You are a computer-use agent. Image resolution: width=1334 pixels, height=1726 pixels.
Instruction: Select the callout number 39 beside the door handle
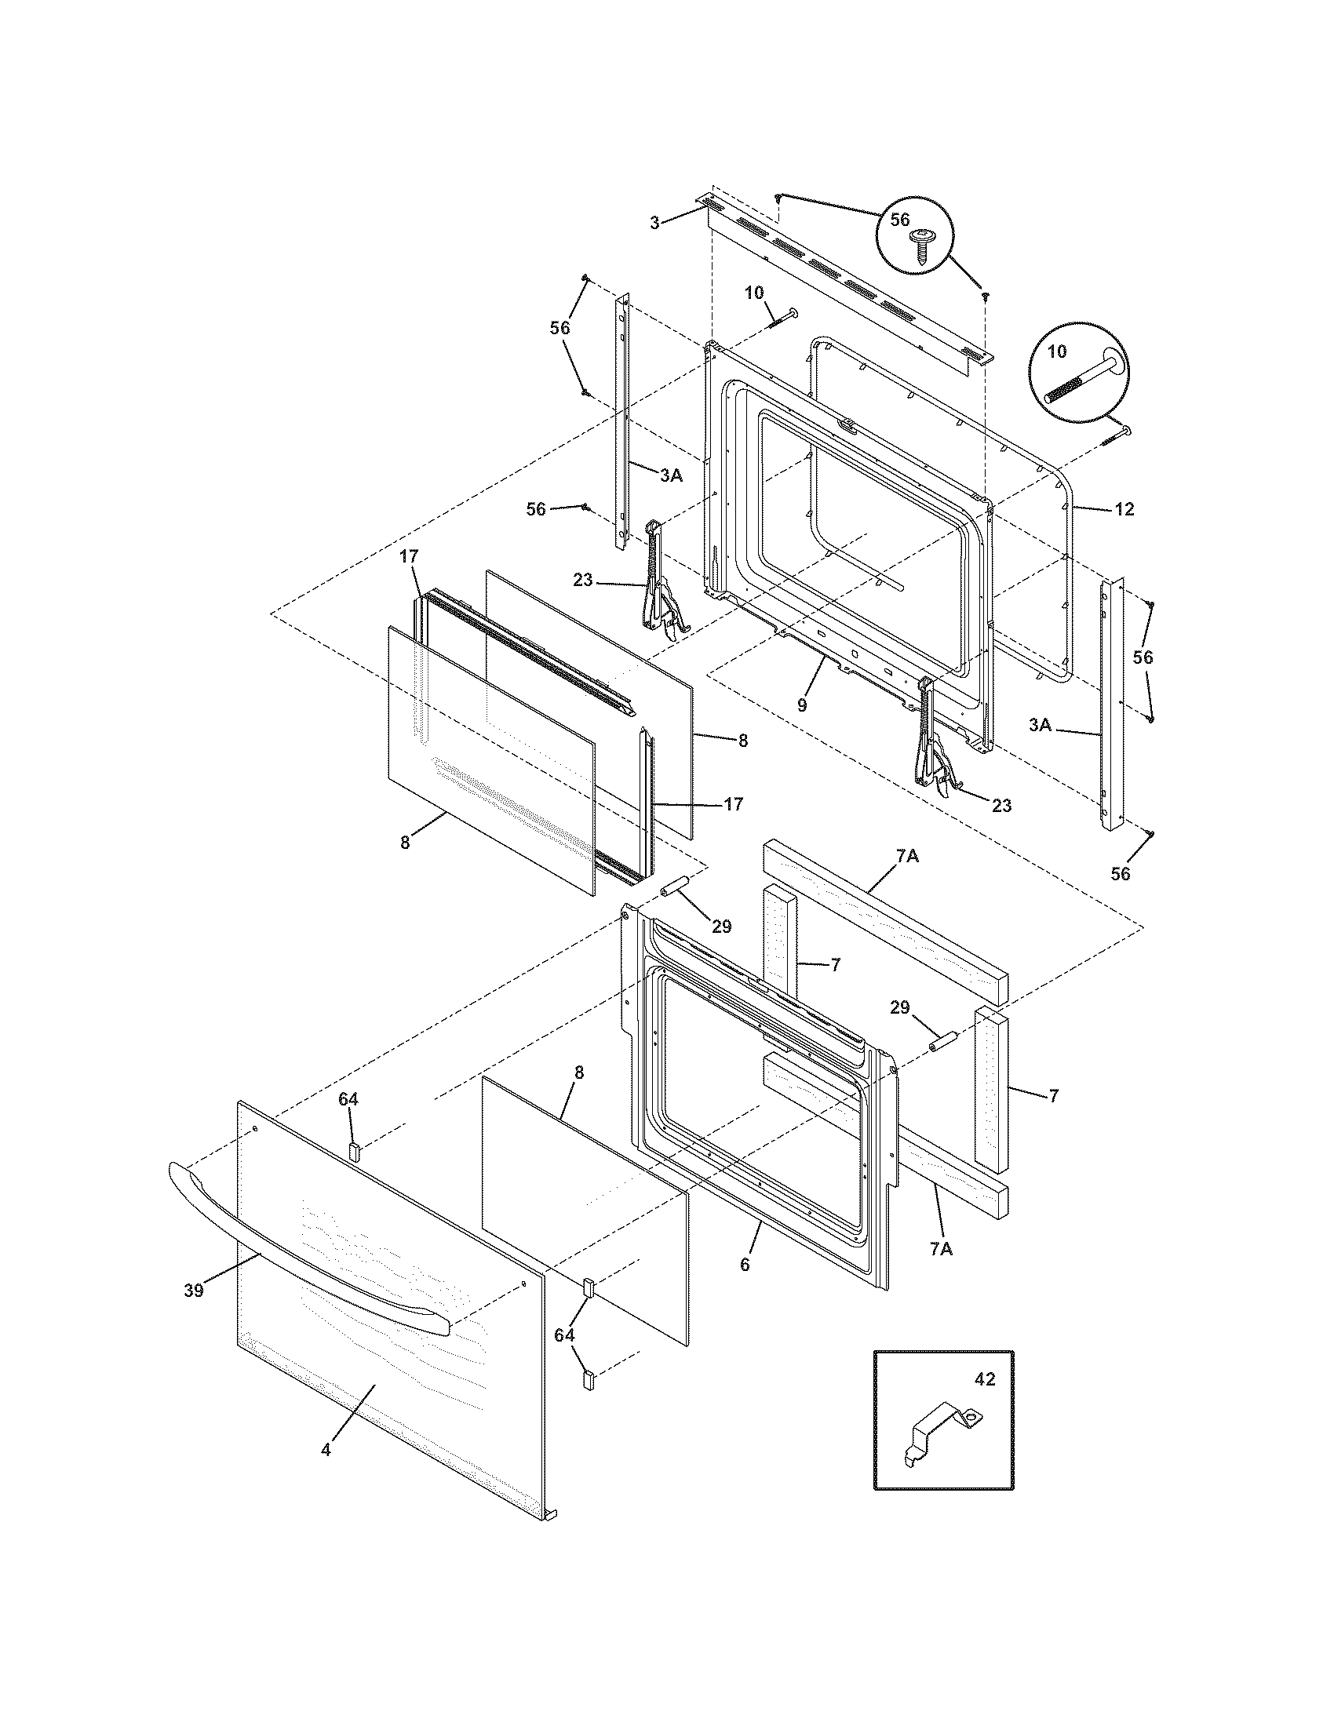(194, 1291)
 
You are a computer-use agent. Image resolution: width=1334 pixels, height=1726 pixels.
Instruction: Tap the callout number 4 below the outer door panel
(326, 1450)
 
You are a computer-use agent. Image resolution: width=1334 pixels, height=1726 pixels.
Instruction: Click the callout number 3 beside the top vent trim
(654, 224)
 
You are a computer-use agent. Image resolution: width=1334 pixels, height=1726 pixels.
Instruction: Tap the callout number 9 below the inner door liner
(801, 706)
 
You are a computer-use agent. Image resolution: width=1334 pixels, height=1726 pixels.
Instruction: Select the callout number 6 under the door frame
(745, 1264)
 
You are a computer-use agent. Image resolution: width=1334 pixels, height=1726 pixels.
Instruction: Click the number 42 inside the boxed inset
(985, 1380)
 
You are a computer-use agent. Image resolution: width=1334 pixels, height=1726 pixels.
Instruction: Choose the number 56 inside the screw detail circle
(900, 220)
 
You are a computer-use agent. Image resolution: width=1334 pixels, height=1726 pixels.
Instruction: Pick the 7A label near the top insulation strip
(906, 855)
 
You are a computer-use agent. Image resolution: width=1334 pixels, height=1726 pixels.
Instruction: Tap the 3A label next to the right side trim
(1040, 725)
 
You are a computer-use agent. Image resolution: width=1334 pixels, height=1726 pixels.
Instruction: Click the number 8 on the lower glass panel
(579, 1072)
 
